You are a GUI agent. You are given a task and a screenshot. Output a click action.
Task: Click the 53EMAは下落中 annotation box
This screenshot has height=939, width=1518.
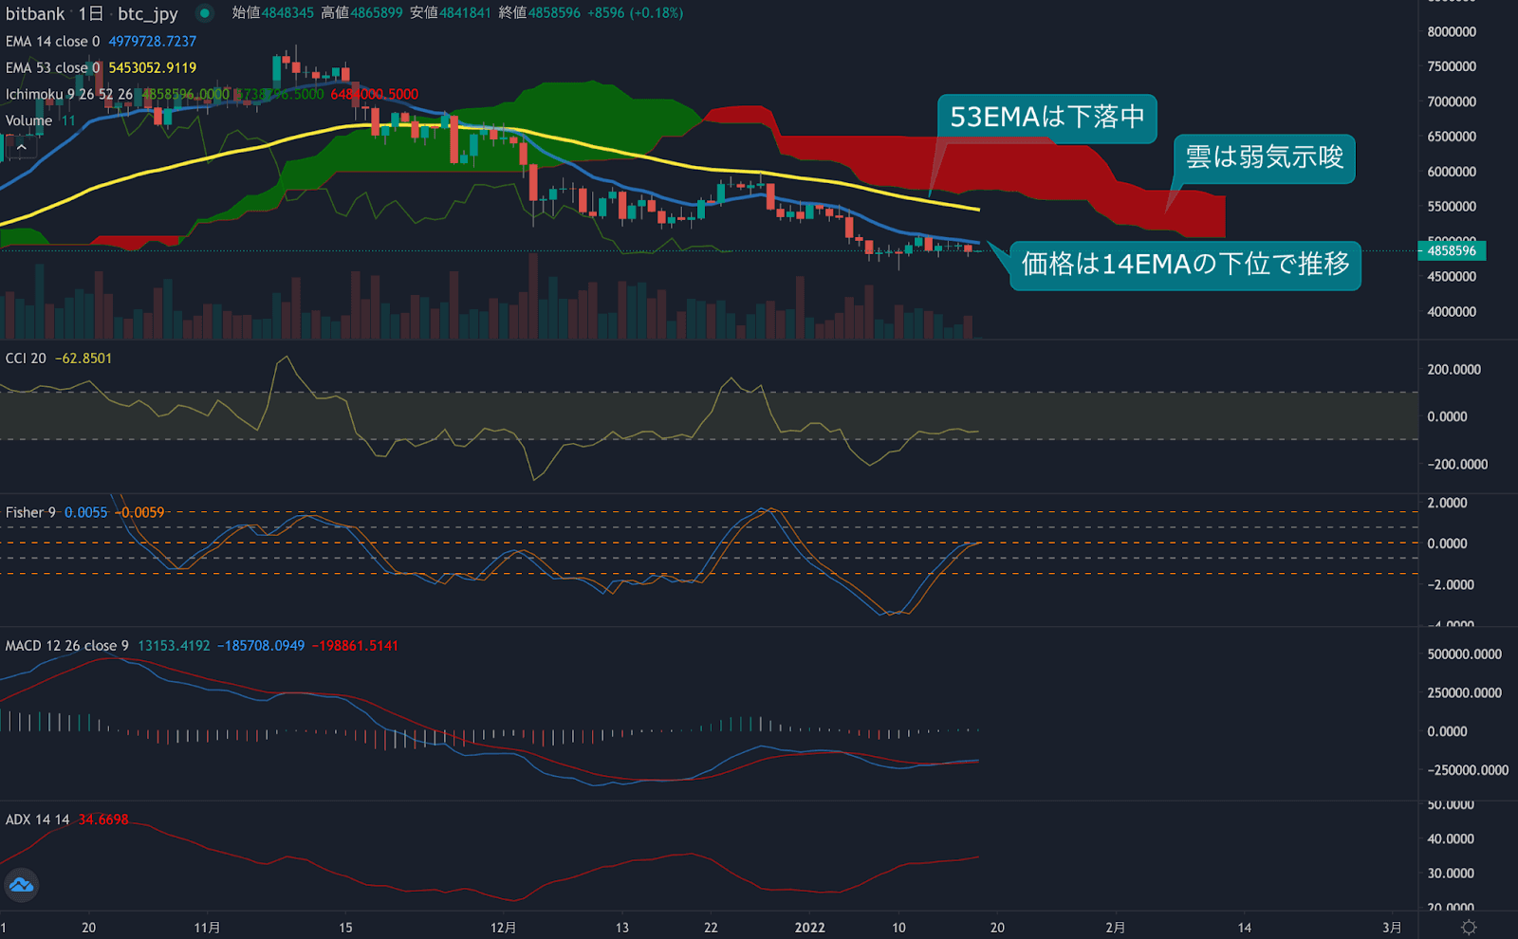tap(1046, 118)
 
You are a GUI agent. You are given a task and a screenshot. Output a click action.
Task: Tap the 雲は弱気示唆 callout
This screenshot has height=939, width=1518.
tap(1264, 157)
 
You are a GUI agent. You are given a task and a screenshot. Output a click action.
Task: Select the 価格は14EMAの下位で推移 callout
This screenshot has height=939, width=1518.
tap(1185, 264)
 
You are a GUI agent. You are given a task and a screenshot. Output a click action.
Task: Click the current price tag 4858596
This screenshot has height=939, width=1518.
tap(1451, 251)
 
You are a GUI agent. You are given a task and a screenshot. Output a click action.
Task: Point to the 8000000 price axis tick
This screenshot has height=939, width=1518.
tap(1452, 32)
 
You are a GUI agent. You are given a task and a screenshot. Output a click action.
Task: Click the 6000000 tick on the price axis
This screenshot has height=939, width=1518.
tap(1452, 172)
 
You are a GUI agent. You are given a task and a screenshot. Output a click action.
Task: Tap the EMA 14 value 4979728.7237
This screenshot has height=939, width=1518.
tap(152, 42)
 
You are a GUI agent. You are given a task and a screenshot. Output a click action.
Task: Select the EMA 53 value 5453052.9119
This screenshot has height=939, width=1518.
tap(152, 68)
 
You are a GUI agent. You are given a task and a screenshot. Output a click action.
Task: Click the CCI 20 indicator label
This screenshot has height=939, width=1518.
tap(26, 359)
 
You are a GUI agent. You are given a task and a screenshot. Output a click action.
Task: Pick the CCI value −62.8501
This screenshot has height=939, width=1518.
tap(83, 359)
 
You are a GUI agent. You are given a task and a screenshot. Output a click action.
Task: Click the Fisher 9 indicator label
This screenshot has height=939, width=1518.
tap(30, 512)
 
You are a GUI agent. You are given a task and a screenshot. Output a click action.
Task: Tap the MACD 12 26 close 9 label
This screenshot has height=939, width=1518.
tap(66, 646)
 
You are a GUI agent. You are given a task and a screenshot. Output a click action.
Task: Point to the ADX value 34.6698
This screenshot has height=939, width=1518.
tap(102, 819)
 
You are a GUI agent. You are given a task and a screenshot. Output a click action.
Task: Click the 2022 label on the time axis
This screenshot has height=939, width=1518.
tap(809, 928)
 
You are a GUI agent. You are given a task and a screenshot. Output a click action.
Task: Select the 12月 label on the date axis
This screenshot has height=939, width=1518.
tap(503, 928)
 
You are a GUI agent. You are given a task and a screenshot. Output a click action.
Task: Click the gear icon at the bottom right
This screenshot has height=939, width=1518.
tap(1469, 928)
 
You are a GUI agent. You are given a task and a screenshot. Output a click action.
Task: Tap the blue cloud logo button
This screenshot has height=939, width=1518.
tap(21, 886)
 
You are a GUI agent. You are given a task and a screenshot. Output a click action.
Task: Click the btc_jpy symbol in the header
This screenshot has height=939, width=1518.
tap(147, 13)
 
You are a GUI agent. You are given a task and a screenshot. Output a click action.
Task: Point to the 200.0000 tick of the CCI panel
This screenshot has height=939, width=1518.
tap(1453, 370)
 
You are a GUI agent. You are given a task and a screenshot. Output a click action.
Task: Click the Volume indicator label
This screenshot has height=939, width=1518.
tap(28, 120)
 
